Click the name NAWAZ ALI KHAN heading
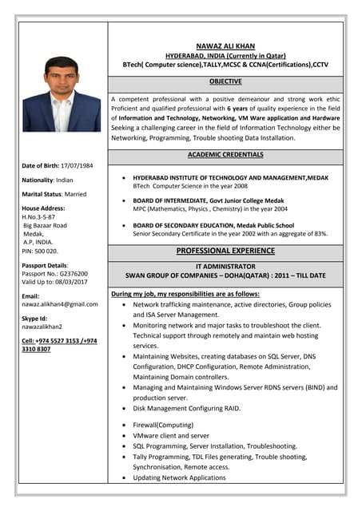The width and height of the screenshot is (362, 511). [225, 46]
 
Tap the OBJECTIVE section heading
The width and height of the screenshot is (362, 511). [225, 81]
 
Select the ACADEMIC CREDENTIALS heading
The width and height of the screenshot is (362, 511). [225, 154]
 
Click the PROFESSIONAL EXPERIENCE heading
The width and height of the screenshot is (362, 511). [225, 251]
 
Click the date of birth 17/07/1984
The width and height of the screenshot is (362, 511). [77, 165]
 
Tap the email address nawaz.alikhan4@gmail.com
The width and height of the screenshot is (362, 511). [60, 304]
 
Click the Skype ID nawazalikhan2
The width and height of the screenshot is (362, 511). [42, 327]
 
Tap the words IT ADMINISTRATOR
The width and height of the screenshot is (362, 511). [225, 266]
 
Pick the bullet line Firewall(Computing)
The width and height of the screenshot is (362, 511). [163, 426]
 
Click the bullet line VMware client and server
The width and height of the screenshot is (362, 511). [171, 436]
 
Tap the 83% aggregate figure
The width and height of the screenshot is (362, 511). [320, 234]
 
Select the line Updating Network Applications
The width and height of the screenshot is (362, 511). [179, 477]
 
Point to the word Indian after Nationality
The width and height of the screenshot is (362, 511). [65, 180]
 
